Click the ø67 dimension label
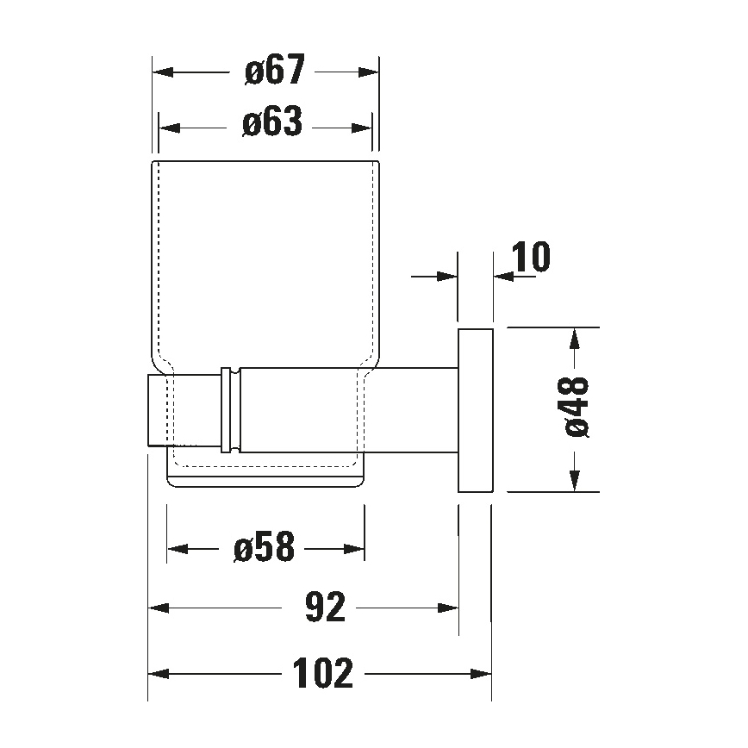[274, 72]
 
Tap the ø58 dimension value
[264, 546]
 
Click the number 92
[324, 608]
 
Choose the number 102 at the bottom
[322, 673]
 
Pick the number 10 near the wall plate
[531, 257]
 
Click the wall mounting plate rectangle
[474, 410]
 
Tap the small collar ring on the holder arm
[231, 410]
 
